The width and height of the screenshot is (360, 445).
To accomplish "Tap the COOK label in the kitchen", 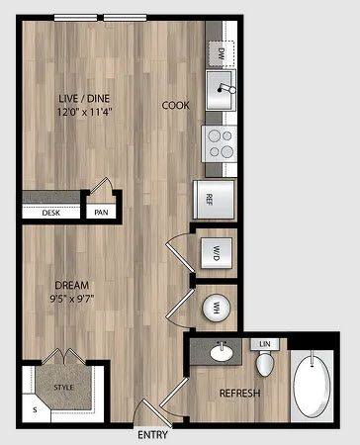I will coord(176,104).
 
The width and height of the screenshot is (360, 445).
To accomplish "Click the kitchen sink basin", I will coord(219,92).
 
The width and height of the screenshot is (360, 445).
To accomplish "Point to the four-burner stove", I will coord(220,143).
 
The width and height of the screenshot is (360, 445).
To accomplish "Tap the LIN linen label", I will coord(264,344).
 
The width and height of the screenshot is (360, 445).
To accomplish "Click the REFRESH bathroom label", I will coord(238,395).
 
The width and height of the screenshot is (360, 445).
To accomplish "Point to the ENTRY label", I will coord(152,434).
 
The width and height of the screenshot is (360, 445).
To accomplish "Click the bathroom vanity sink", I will coord(220,351).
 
